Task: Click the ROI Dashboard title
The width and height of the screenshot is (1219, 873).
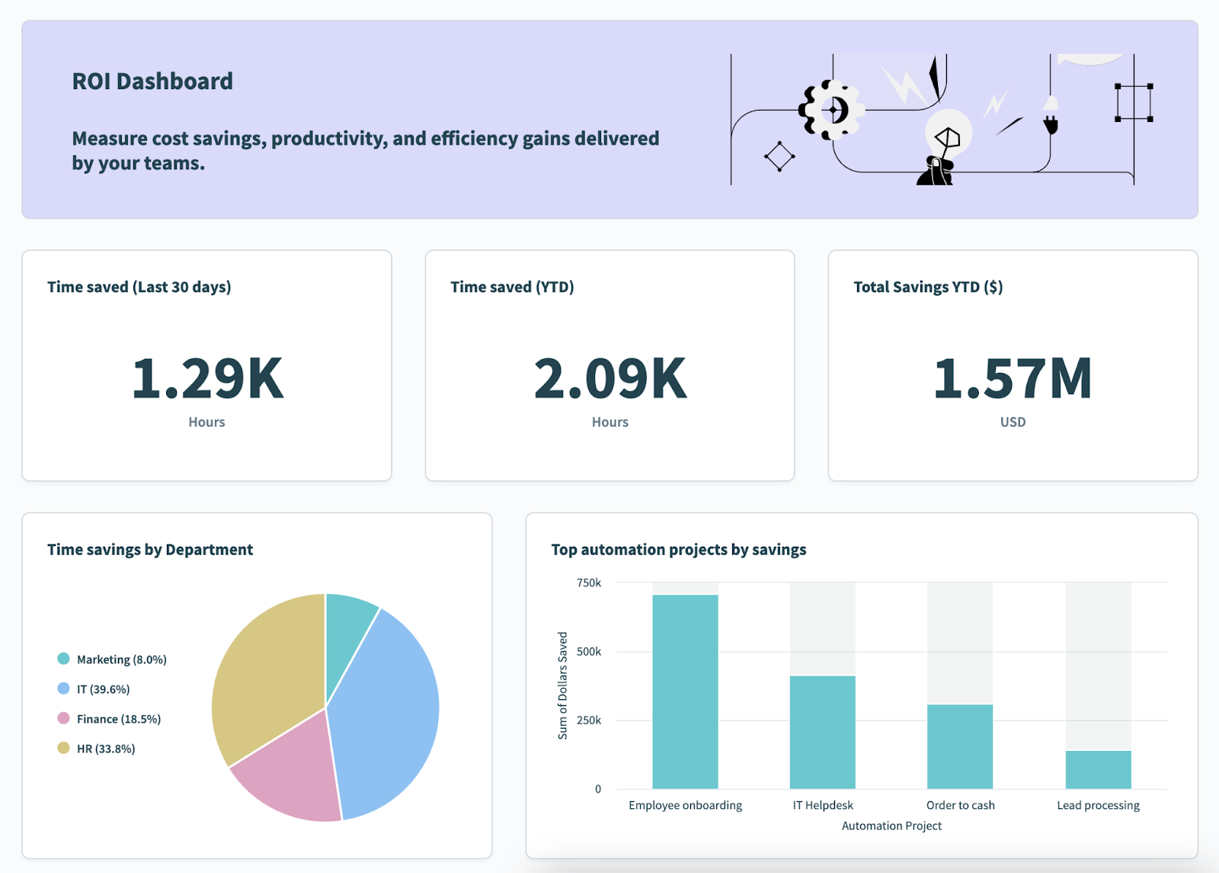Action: [x=152, y=82]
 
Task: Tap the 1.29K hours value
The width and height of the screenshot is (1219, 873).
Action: [x=207, y=379]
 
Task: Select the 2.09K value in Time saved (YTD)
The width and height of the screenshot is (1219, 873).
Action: [x=609, y=379]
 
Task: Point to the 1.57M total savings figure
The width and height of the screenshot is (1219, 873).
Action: [x=1013, y=379]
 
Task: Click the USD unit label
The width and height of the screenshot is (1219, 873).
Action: [x=1013, y=422]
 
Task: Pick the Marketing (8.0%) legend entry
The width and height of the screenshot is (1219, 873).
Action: [x=121, y=660]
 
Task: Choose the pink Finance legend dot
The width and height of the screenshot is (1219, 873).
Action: [x=63, y=718]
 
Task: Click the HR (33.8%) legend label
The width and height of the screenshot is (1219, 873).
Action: [x=106, y=749]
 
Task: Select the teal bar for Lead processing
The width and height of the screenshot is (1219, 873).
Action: [x=1098, y=770]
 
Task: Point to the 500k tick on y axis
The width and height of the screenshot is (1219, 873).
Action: [x=589, y=652]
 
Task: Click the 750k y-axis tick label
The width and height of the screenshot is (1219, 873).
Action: [x=589, y=583]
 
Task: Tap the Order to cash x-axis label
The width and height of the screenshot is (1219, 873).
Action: [x=960, y=805]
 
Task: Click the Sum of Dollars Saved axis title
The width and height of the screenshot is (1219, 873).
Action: [x=562, y=685]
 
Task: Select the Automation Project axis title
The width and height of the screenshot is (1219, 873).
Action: [x=891, y=826]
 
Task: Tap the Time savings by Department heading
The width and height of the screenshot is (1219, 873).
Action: [x=150, y=550]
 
